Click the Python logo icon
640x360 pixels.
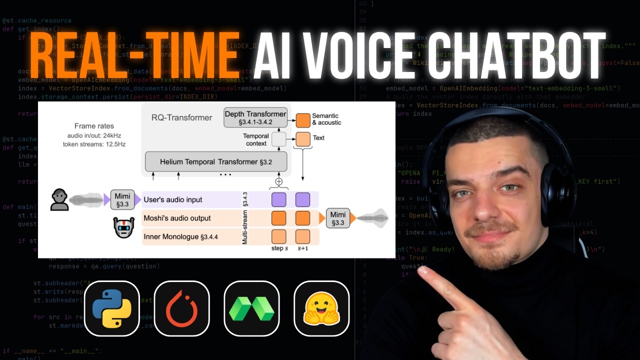click(x=111, y=308)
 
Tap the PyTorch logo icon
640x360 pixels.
click(x=181, y=308)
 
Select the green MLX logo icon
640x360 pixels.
click(x=251, y=308)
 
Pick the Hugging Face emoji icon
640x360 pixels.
click(x=321, y=308)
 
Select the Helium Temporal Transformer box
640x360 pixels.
click(x=216, y=162)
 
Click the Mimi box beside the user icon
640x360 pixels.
click(x=122, y=199)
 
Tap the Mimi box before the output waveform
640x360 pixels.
click(x=338, y=218)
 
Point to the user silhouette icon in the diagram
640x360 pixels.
click(x=59, y=199)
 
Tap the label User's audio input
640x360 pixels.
click(x=173, y=199)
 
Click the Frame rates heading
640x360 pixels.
click(x=94, y=126)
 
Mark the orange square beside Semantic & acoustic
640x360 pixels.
click(x=303, y=120)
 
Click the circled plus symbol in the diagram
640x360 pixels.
click(x=279, y=181)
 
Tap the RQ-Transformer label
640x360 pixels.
click(x=182, y=117)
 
